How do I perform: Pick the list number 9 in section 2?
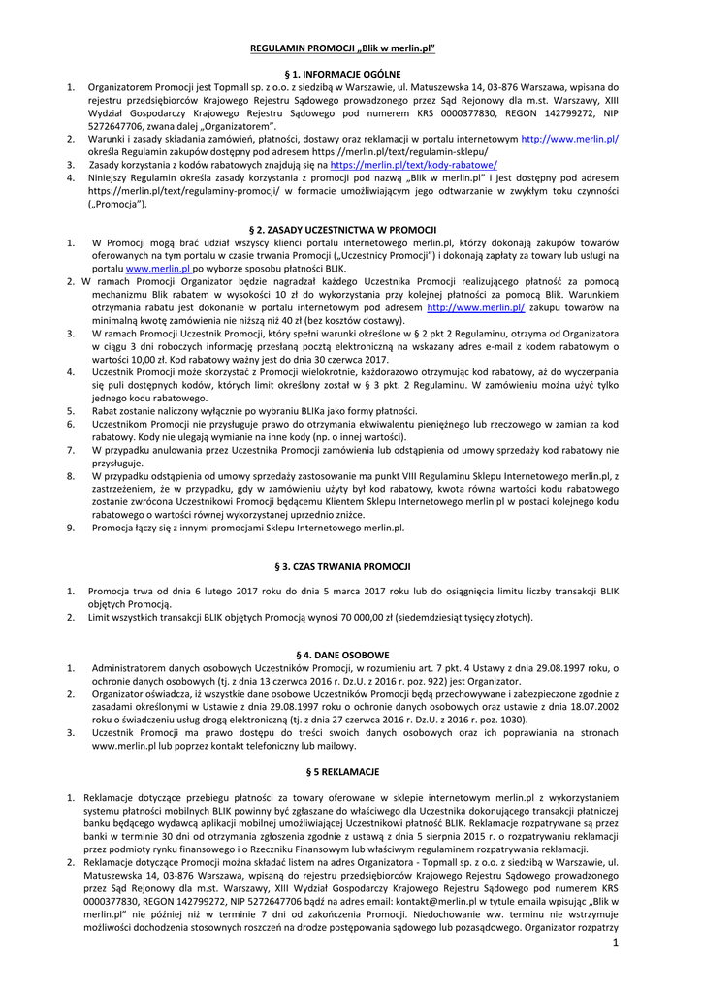tap(70, 528)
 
